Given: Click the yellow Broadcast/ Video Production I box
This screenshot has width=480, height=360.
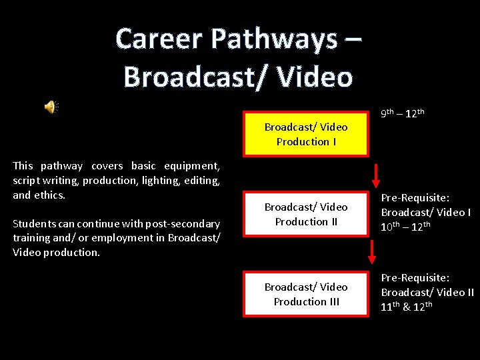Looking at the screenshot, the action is [306, 134].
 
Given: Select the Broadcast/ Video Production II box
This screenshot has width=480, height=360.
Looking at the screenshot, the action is [306, 214].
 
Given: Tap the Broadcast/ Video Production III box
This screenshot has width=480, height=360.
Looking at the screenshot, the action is [306, 294].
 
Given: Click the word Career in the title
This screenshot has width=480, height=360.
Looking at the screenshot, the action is [159, 39].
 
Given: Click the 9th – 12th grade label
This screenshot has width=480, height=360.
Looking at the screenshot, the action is [403, 113].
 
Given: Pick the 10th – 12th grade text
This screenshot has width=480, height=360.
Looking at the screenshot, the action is [405, 227].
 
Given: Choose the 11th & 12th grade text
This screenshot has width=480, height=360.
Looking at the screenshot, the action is [407, 307].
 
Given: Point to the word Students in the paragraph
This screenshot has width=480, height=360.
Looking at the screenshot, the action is [34, 223].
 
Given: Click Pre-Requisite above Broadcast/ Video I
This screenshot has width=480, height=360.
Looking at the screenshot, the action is [415, 198].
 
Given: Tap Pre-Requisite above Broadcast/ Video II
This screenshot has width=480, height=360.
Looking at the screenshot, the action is [415, 277].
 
